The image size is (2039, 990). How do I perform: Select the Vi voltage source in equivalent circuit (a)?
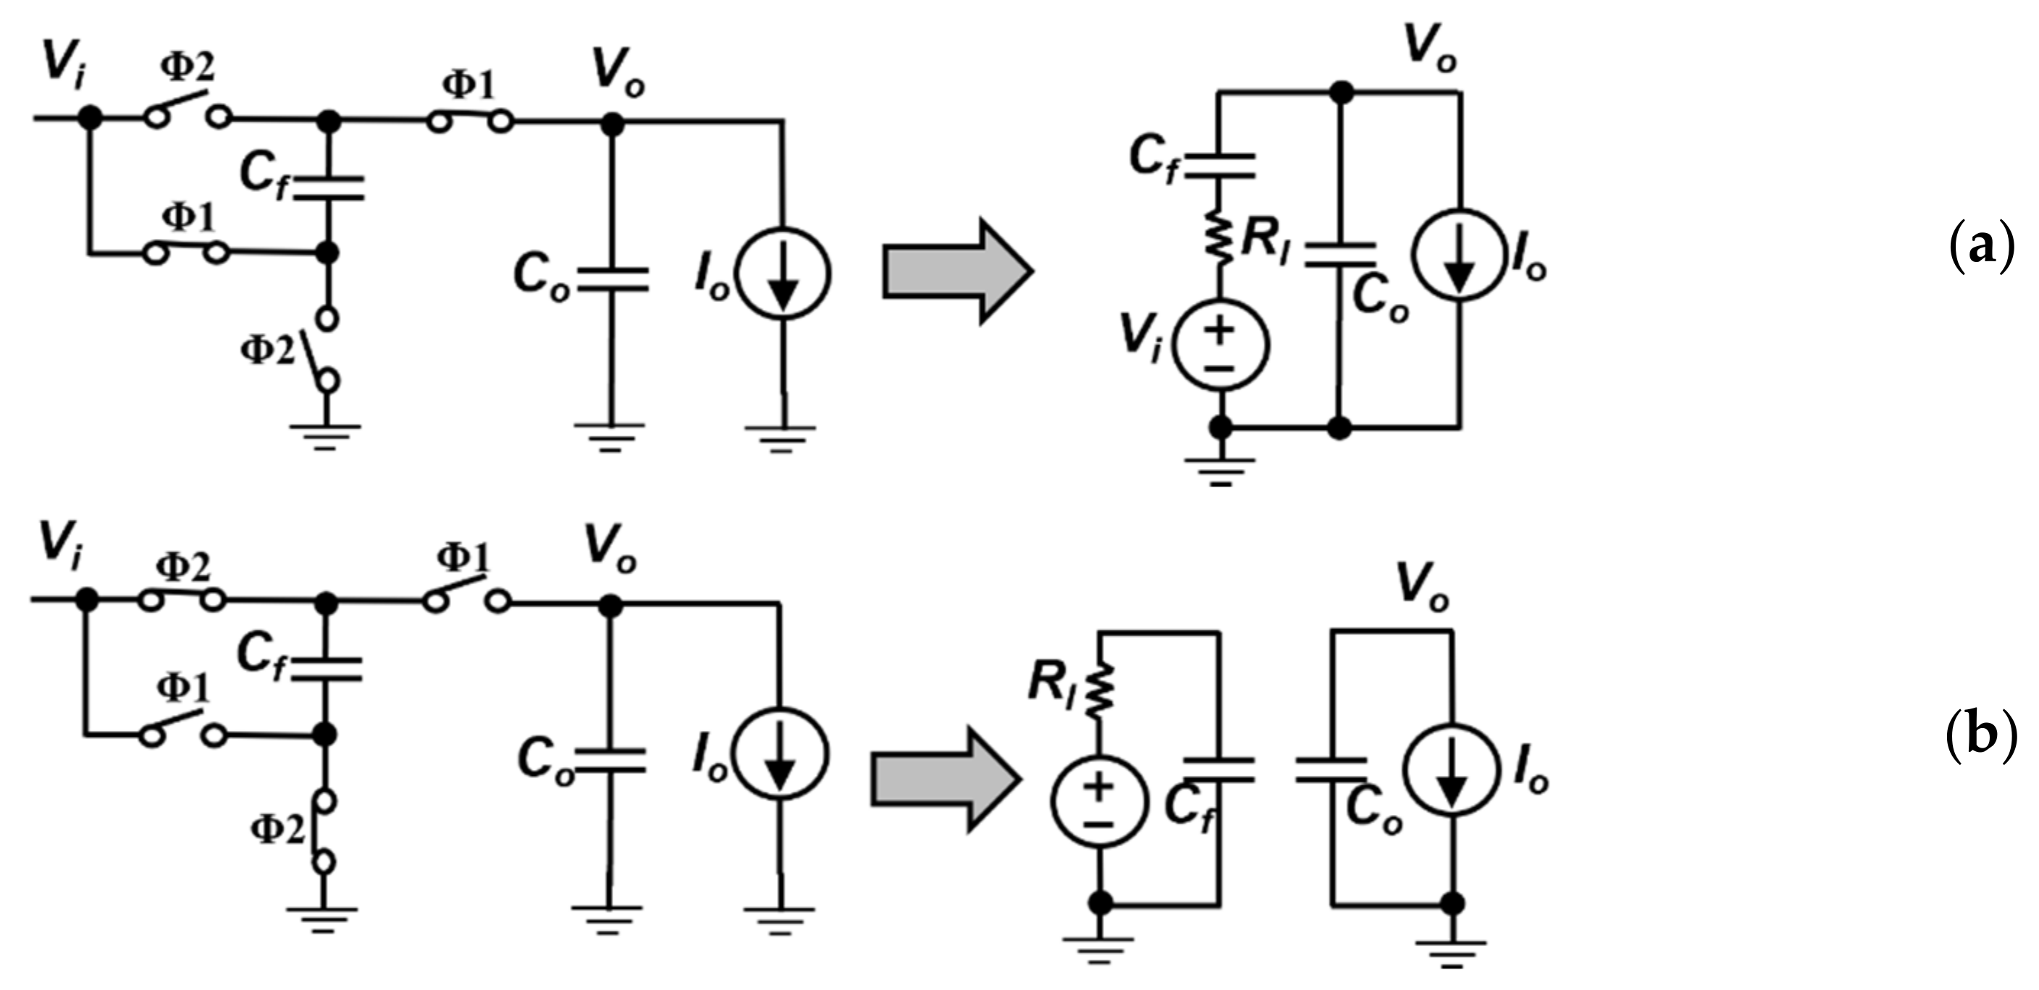tap(1221, 345)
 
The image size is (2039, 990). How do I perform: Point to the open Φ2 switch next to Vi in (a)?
tap(188, 111)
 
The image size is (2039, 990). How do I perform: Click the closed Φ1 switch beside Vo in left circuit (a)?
tap(469, 121)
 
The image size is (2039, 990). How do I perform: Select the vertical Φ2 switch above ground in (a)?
tap(324, 350)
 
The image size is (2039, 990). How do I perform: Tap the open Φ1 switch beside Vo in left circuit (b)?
tap(466, 598)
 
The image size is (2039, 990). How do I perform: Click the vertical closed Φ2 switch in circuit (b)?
tap(324, 831)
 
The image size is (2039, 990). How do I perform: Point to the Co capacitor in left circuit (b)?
tap(609, 759)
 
